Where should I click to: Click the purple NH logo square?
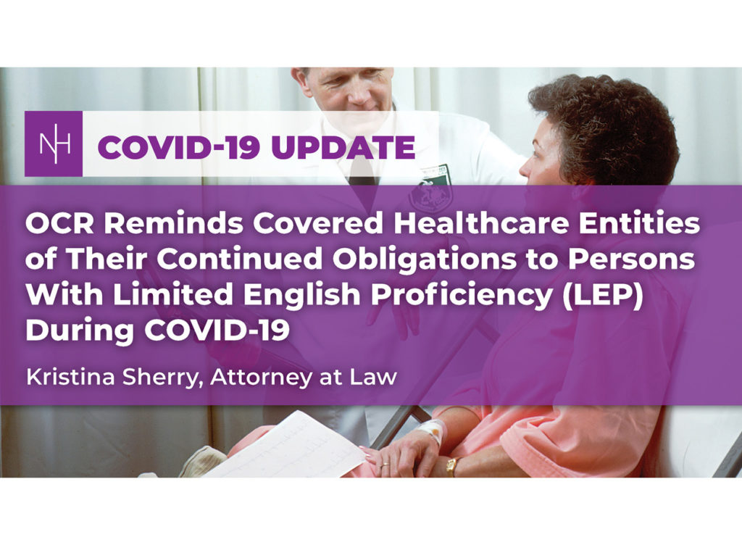point(54,143)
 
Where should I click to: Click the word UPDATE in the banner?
point(343,147)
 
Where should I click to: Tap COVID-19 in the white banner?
point(179,147)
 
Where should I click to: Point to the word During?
point(80,330)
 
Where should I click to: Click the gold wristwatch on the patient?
point(451,467)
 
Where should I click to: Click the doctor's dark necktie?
point(364,170)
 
